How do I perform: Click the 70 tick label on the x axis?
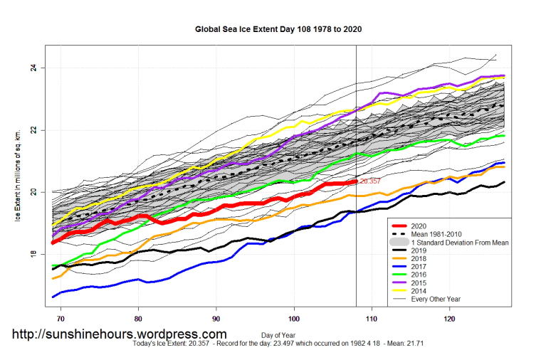pos(61,320)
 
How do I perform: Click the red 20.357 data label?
pos(370,181)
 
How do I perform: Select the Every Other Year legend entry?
pos(441,299)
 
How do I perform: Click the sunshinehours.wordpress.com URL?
pos(119,334)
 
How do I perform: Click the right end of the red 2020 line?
pos(355,181)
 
